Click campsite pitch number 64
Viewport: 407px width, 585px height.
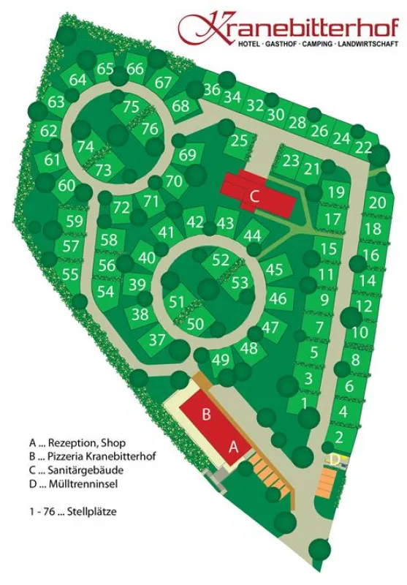[77, 80]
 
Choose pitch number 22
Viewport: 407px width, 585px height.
[363, 148]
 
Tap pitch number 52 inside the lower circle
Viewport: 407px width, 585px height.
[221, 260]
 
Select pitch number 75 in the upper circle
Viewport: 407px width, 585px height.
[131, 107]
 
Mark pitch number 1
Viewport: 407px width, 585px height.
[304, 402]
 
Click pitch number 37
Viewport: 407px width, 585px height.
[158, 339]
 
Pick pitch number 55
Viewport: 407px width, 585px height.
[70, 274]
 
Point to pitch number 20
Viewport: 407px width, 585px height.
[377, 203]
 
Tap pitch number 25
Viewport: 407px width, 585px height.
[239, 141]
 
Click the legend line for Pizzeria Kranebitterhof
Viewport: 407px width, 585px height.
[92, 456]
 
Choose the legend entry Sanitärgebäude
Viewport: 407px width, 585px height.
[82, 469]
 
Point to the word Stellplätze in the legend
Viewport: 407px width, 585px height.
[91, 512]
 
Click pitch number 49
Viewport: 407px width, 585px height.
[221, 359]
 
